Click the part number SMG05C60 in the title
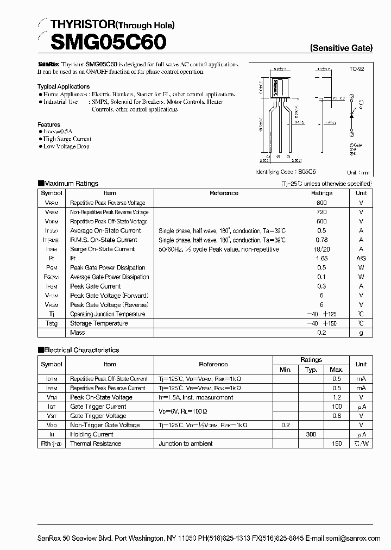click(x=102, y=41)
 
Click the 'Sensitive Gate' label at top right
click(x=341, y=48)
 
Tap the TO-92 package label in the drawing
click(x=356, y=70)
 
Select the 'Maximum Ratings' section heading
click(x=71, y=184)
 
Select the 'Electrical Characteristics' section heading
click(x=81, y=350)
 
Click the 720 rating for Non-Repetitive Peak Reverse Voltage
click(x=321, y=212)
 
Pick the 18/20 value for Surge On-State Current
click(x=321, y=249)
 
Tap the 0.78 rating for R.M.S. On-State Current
click(x=321, y=240)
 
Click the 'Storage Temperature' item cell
click(x=99, y=323)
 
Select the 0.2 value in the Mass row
click(x=321, y=333)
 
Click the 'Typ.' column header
click(x=311, y=370)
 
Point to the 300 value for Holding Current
click(x=311, y=434)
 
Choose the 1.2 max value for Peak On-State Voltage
click(x=337, y=397)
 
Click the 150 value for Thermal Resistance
click(x=337, y=443)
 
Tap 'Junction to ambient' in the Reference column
click(x=185, y=443)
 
